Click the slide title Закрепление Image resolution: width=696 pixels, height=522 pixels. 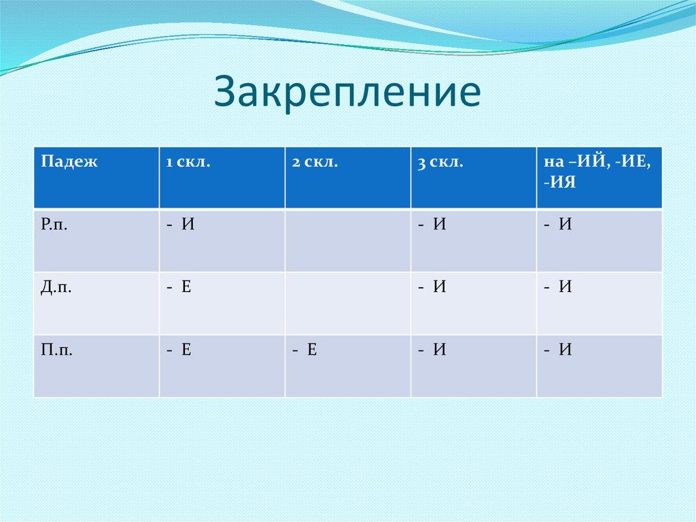tap(347, 93)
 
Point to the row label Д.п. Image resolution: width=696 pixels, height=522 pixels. tap(56, 288)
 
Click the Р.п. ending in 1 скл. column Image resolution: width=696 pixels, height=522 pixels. tap(181, 225)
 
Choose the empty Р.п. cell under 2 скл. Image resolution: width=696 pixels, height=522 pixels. tap(347, 240)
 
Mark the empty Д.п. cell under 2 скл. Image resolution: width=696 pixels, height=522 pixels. tap(347, 303)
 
